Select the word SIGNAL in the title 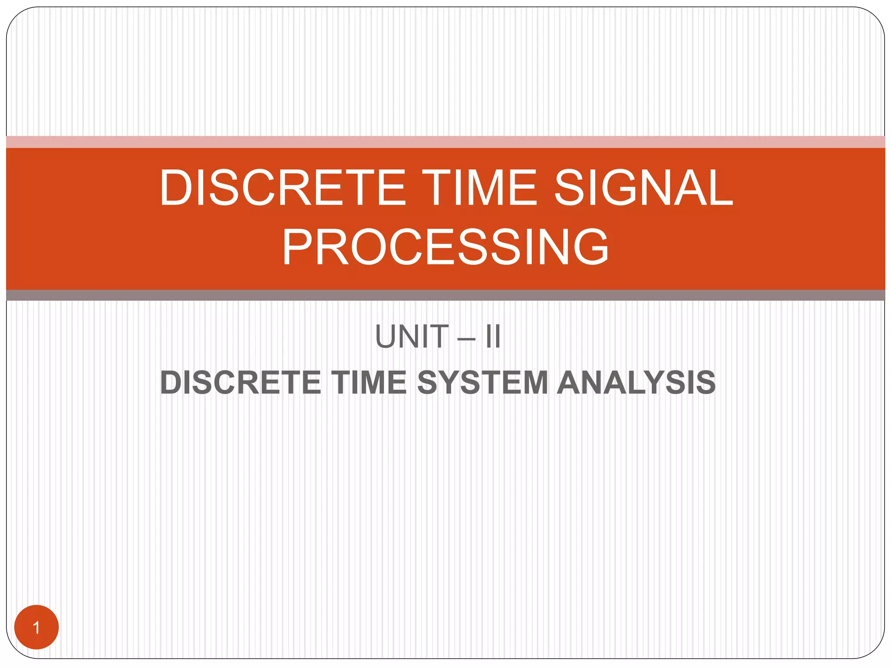(x=644, y=188)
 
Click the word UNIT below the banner (x=412, y=337)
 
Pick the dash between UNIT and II (x=467, y=337)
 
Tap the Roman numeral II (x=493, y=337)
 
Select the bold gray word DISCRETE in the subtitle (x=241, y=383)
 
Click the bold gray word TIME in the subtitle (x=369, y=383)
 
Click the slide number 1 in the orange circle (x=37, y=628)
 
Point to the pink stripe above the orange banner (x=445, y=142)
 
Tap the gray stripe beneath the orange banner (x=445, y=295)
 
